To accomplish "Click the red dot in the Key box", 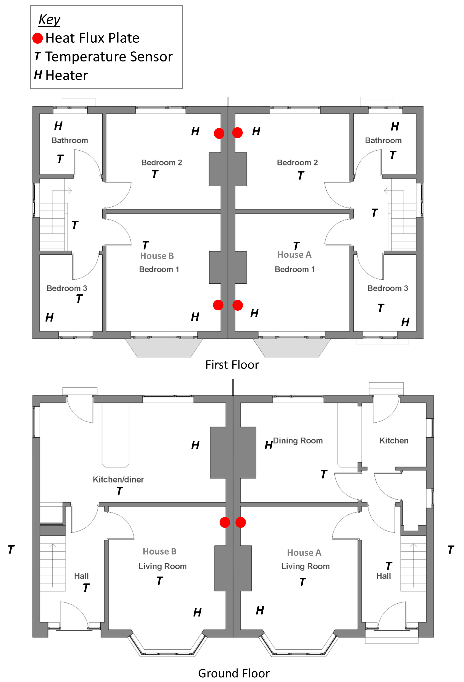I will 37,38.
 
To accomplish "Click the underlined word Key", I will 49,20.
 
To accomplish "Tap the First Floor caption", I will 232,364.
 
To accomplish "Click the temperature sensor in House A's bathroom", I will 393,155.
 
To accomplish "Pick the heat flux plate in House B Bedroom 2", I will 219,133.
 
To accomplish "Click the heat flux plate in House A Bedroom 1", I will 238,305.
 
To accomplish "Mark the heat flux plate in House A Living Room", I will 240,522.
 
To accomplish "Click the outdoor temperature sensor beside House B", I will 11,549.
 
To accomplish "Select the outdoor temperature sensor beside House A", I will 451,550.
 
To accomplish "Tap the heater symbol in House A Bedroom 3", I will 405,322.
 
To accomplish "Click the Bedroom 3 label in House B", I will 67,288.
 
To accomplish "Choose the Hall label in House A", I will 384,576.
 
